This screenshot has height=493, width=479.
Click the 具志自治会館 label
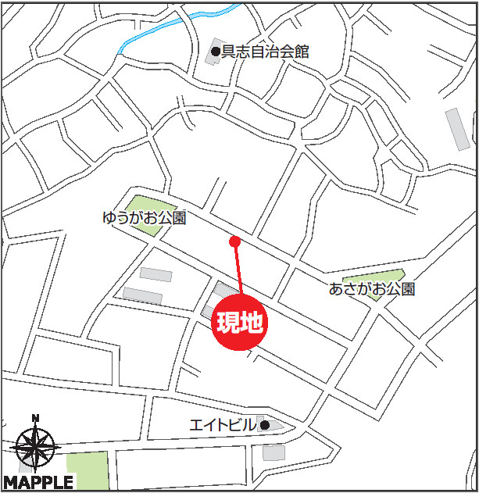(x=266, y=52)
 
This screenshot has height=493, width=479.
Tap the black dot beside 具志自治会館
(x=216, y=52)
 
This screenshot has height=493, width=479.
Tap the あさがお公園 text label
(x=372, y=289)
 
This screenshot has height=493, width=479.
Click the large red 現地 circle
(x=241, y=321)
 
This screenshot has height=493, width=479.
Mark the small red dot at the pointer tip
(x=234, y=241)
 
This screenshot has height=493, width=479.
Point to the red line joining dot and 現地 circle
(x=238, y=270)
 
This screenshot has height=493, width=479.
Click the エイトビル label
(x=223, y=426)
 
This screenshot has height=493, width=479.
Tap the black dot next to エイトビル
(x=265, y=425)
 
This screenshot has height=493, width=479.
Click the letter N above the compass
(x=35, y=418)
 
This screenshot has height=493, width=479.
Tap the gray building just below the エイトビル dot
(x=273, y=452)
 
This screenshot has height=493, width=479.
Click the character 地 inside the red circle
(x=252, y=321)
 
